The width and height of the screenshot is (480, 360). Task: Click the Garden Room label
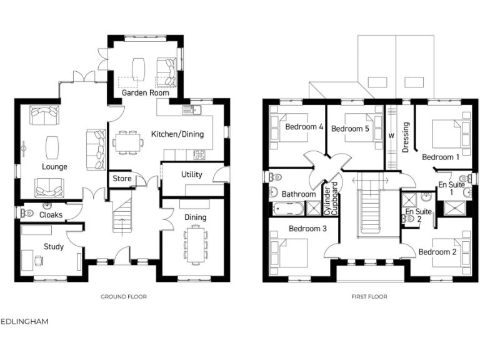146,92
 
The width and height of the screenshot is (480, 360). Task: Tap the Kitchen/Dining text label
177,134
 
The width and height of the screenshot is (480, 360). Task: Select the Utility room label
191,174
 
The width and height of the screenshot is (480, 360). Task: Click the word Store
122,179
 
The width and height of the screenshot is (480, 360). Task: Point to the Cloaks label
51,214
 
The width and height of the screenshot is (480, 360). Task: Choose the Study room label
53,246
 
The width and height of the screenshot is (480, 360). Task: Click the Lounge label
54,167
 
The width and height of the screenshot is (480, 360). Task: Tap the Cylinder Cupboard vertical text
330,199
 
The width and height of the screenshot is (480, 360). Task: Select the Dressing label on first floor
406,137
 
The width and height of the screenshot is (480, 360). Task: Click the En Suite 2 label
418,216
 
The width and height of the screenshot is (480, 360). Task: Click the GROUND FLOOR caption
124,297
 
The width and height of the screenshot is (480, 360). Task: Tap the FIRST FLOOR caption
369,297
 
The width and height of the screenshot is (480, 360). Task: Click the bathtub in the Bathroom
288,208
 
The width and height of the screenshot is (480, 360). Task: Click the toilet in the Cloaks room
26,213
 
